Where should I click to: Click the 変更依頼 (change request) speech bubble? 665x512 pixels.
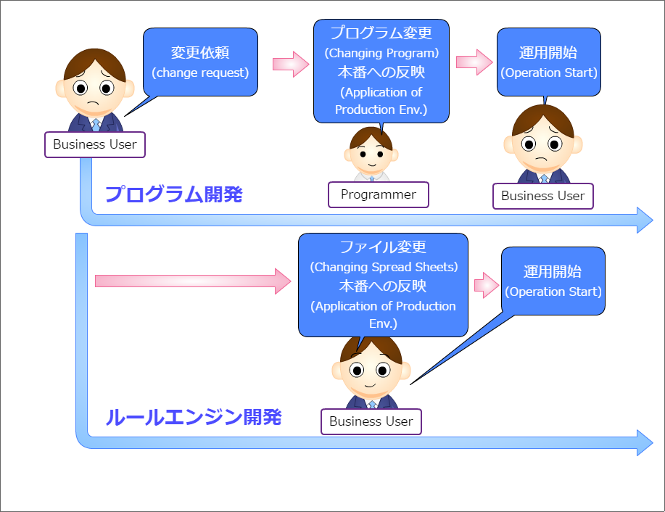(x=200, y=62)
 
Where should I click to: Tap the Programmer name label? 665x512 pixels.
(x=379, y=194)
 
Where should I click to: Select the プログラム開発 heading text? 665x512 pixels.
(x=174, y=194)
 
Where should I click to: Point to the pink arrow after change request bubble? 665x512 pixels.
(x=290, y=64)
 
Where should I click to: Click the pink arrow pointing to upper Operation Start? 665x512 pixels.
(x=474, y=62)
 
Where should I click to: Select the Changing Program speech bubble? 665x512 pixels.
(x=381, y=71)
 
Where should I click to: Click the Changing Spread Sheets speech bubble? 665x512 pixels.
(x=383, y=285)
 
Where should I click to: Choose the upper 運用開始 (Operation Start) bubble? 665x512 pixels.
(x=549, y=62)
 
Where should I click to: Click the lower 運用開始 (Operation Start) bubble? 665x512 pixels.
(x=553, y=281)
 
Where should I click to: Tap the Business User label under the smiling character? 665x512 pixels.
(x=371, y=421)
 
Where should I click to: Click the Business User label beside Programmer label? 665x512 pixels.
(x=542, y=196)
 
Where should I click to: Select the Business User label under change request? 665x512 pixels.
(x=95, y=144)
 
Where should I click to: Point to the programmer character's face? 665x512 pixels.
(x=371, y=154)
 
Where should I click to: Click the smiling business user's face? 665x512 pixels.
(x=371, y=370)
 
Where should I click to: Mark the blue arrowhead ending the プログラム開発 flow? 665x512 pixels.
(x=645, y=220)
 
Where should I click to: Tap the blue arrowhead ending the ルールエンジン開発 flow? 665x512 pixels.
(x=645, y=442)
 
